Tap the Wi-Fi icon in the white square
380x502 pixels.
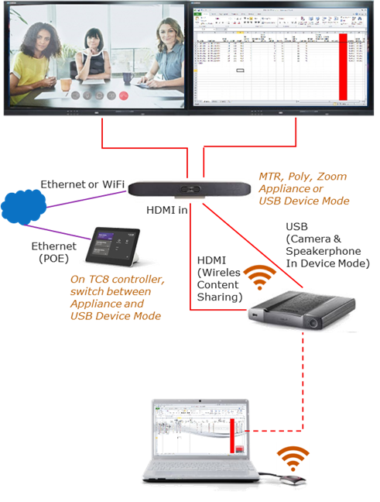293,459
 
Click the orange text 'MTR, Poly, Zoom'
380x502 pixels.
302,177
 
